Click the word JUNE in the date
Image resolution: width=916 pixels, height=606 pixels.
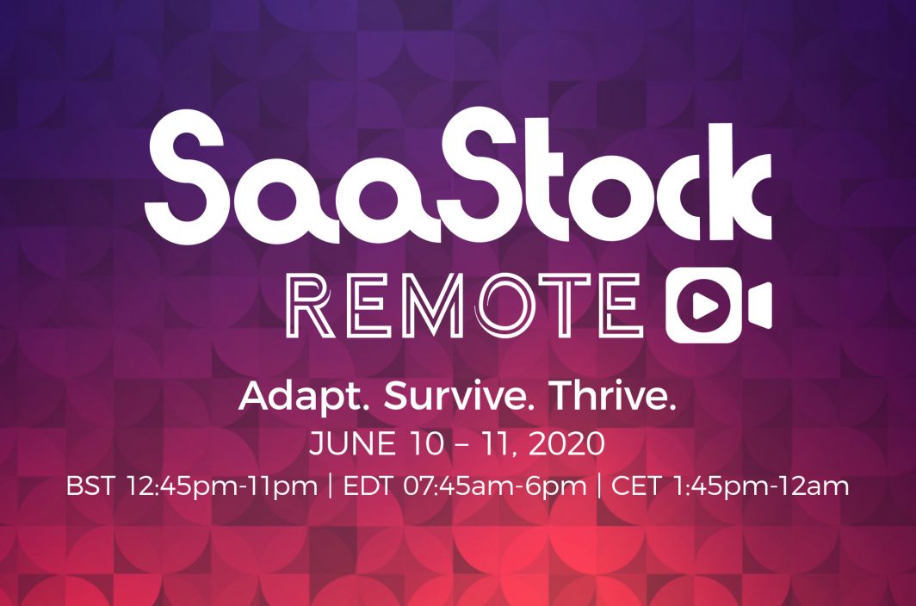point(352,444)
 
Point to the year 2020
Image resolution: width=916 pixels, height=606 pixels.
point(566,444)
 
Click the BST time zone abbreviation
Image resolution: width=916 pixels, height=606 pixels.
point(90,486)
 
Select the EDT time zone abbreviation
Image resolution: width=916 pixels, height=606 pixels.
point(367,486)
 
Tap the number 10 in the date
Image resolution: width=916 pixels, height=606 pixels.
point(425,444)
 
